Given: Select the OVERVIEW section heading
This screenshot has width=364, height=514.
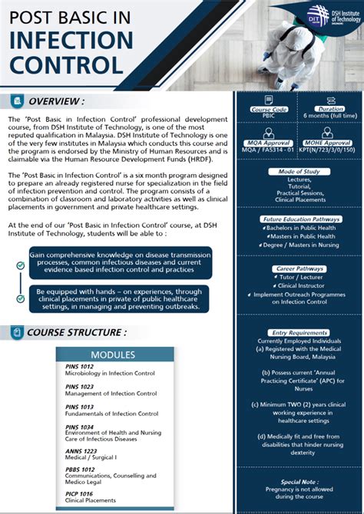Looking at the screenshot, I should coord(57,100).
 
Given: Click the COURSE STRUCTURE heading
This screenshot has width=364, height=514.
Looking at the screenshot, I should coord(77,332).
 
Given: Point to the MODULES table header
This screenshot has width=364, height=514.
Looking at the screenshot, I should coord(113,355).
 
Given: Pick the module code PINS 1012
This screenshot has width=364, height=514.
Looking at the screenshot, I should coord(79,367).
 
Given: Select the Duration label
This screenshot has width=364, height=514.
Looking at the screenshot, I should coord(331,110).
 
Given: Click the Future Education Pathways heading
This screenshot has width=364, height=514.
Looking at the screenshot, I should coord(299,219).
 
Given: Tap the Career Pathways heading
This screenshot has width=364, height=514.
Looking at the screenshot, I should coord(299,269).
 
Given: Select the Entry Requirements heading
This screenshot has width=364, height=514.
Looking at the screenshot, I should coord(299,332).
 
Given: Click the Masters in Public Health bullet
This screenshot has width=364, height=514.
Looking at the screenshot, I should coord(301,236).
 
